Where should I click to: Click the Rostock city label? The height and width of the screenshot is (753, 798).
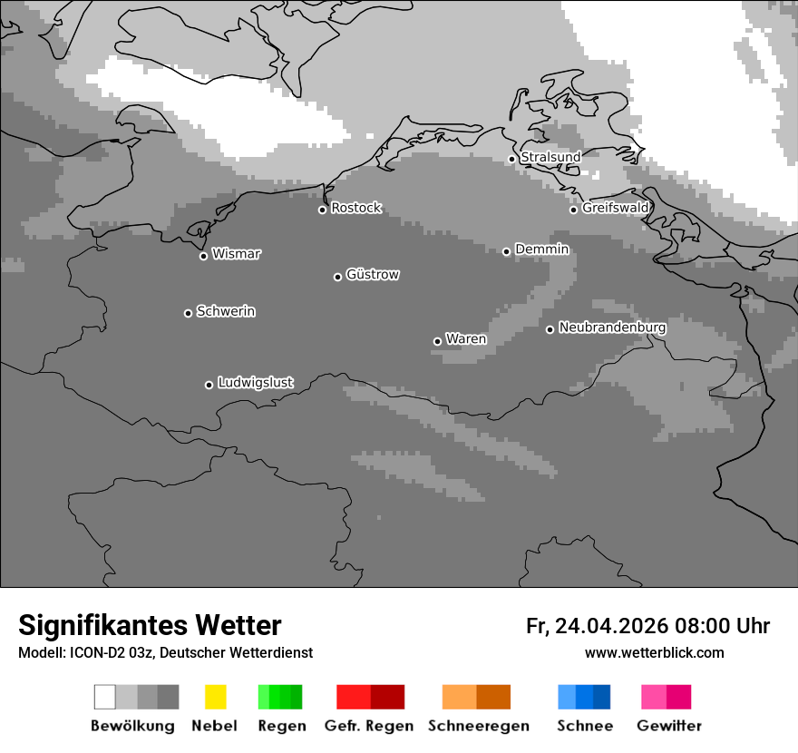click(x=355, y=208)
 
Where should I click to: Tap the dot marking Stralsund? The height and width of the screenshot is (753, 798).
click(x=511, y=159)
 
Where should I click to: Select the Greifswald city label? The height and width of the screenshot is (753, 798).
click(x=615, y=208)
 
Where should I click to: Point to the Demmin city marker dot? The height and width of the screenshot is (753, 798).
click(x=506, y=251)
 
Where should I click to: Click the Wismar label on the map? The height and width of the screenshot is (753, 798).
click(x=236, y=254)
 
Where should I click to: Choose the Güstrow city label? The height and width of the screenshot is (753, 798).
click(x=373, y=274)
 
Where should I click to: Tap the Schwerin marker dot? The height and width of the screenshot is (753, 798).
click(x=188, y=313)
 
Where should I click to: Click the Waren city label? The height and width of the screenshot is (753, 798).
click(x=466, y=339)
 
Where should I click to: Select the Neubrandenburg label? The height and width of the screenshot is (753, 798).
click(x=612, y=328)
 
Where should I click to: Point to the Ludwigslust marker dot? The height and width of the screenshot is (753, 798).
click(x=209, y=385)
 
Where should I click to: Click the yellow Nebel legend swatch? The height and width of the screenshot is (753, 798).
click(x=215, y=697)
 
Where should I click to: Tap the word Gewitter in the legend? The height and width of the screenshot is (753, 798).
click(x=669, y=726)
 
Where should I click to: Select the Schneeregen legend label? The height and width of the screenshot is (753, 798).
click(x=479, y=726)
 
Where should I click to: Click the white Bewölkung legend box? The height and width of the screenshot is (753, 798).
click(x=105, y=697)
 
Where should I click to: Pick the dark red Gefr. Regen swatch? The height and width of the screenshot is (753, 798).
click(x=387, y=697)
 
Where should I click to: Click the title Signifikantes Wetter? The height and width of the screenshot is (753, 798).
click(x=150, y=625)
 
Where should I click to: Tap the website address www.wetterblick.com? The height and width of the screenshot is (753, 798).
click(x=654, y=652)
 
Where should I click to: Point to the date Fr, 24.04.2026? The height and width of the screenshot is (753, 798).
click(x=596, y=626)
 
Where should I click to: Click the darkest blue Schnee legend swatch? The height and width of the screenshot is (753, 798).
click(x=601, y=697)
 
